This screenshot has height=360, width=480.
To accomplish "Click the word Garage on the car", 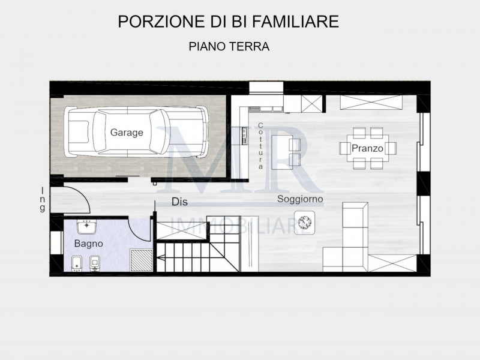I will click(127, 133).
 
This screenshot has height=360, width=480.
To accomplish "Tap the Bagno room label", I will click(88, 244).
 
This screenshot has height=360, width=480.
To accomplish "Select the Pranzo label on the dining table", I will click(367, 148).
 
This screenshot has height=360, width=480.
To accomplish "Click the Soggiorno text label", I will click(300, 199).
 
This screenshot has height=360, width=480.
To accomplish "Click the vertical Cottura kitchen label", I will click(260, 146).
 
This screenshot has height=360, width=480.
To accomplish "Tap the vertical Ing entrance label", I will click(43, 199).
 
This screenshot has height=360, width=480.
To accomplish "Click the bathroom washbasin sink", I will click(88, 227).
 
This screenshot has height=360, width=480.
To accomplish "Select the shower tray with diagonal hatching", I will click(141, 261).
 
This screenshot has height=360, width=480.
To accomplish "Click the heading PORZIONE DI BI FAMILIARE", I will click(228, 22).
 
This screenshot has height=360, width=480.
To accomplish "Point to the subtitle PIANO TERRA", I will click(228, 46).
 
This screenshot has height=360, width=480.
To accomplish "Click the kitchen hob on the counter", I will click(244, 137).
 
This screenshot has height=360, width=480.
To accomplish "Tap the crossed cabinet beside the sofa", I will click(392, 263).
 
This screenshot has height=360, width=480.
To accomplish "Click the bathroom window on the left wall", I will click(55, 243).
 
